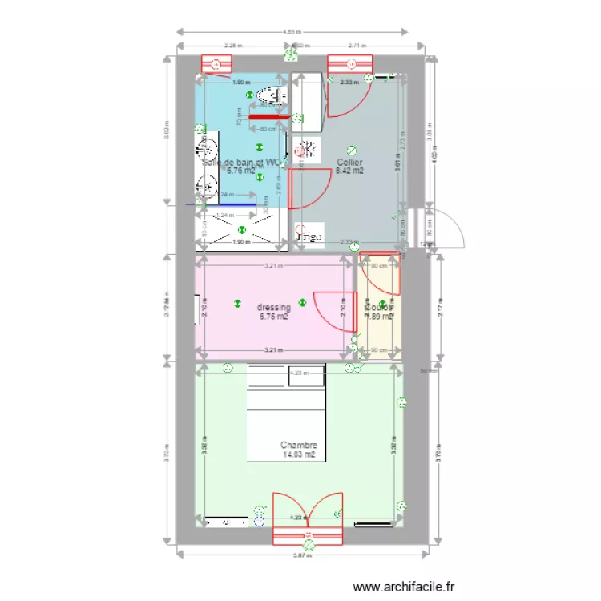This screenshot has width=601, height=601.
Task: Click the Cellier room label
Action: [349, 162]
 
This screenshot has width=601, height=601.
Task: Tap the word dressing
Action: [273, 308]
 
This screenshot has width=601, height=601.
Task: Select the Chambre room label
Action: [299, 446]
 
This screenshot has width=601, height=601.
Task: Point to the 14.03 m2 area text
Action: [299, 454]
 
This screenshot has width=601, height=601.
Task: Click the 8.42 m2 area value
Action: [349, 171]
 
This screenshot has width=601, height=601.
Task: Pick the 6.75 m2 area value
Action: [273, 317]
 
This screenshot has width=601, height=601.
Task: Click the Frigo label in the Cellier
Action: [309, 237]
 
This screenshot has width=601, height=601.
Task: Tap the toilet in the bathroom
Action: [266, 96]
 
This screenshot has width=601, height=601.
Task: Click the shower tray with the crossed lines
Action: [240, 231]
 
